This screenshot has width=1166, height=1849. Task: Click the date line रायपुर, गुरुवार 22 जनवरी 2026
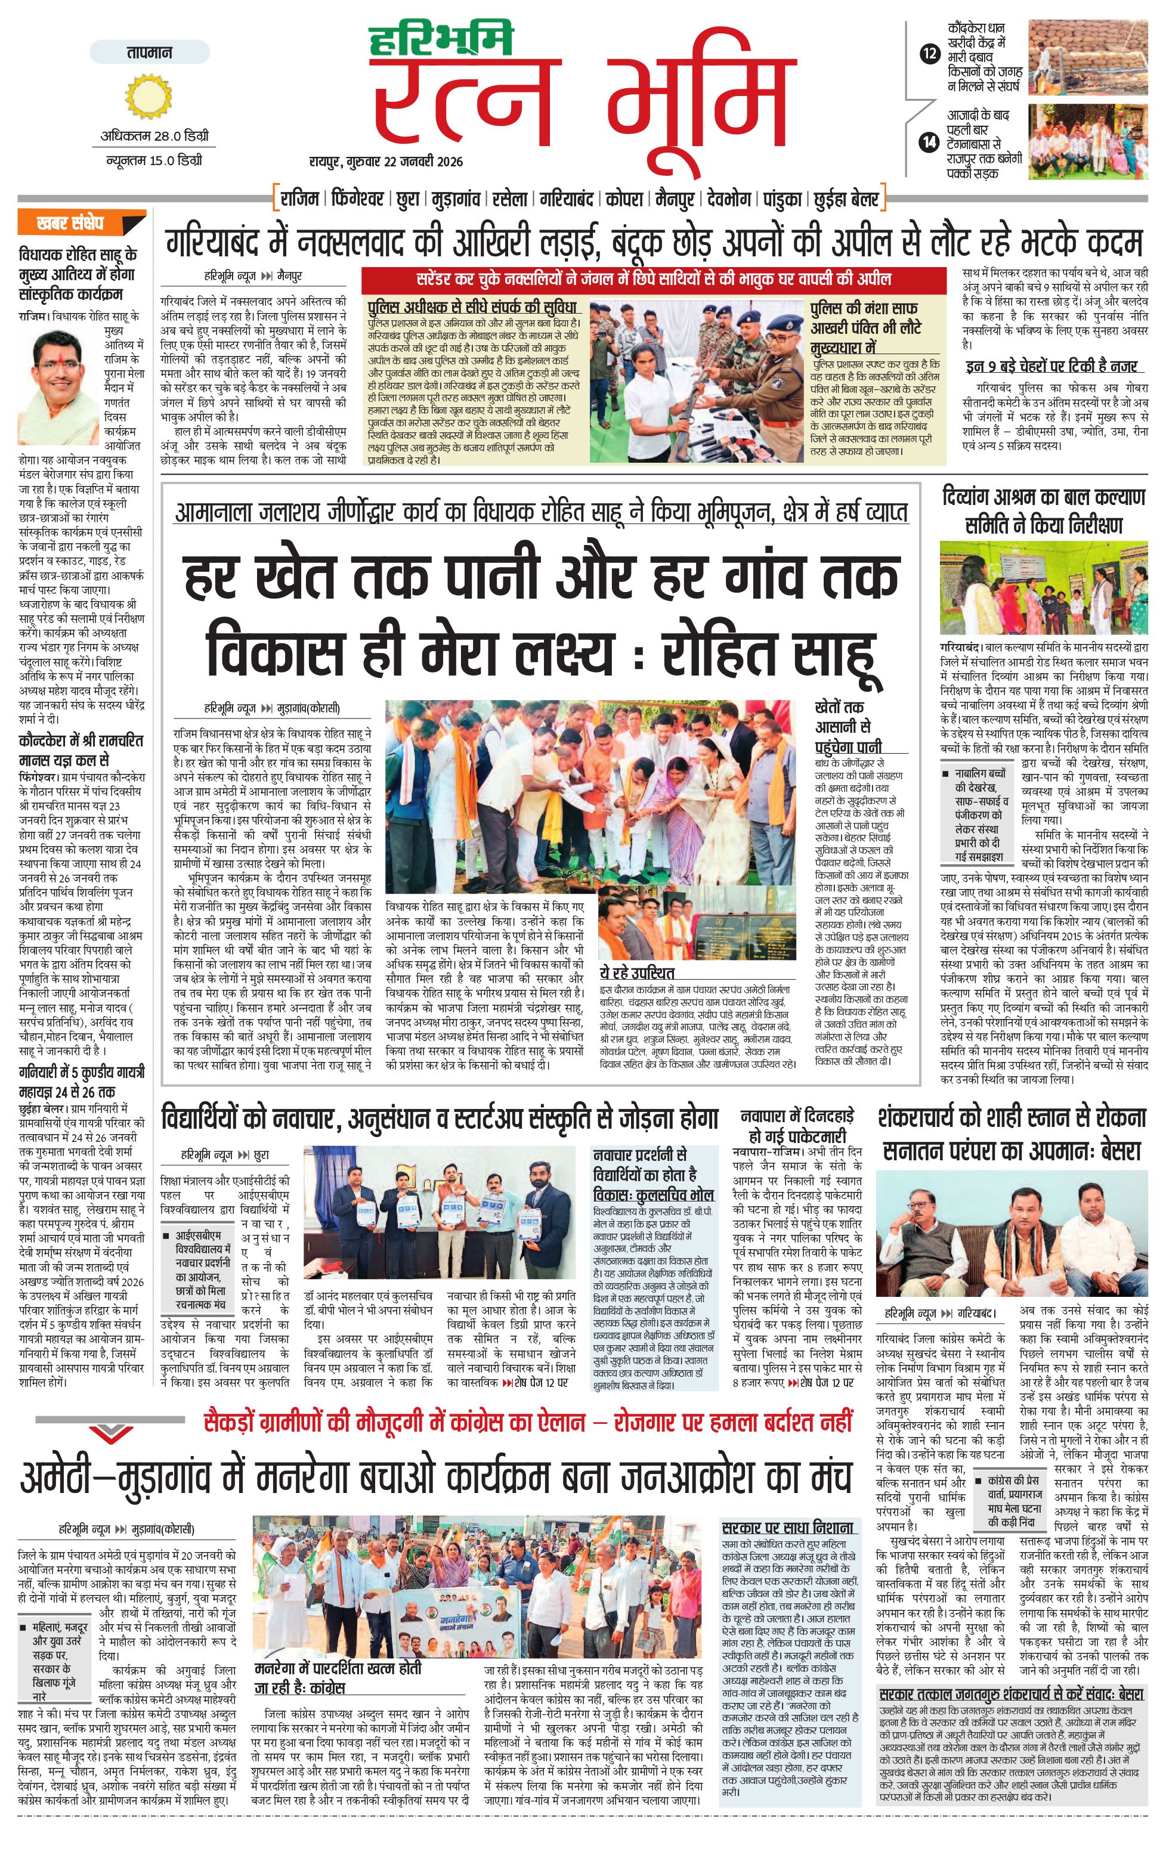pos(386,161)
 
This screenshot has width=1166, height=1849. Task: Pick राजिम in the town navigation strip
pos(299,199)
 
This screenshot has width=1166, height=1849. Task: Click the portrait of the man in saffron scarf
pos(60,380)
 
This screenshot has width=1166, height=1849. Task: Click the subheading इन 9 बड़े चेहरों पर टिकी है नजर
pos(1051,366)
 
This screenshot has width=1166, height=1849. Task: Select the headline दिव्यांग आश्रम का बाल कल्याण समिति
pos(1044,510)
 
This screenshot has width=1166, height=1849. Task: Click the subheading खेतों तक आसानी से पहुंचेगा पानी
pos(848,726)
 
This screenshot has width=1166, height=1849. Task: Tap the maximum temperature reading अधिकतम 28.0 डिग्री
pos(154,137)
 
